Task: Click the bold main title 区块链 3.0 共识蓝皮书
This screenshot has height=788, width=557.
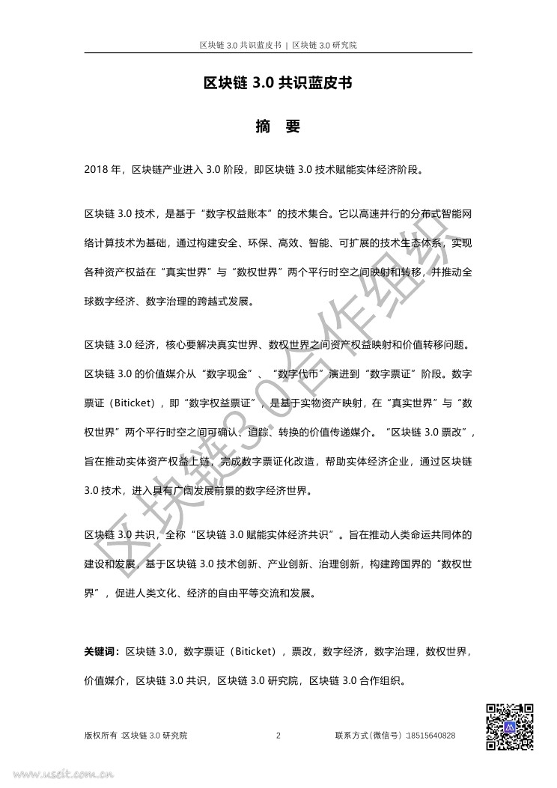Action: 278,85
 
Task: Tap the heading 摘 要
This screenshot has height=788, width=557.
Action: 278,126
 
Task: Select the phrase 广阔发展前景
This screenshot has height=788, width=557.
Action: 208,492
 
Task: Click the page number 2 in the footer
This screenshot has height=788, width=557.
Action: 278,736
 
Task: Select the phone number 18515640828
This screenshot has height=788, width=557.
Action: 429,736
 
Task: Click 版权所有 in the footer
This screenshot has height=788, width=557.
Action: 100,736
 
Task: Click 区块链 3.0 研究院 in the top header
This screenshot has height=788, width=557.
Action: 323,45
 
